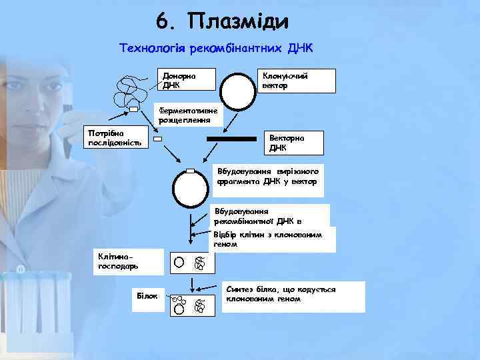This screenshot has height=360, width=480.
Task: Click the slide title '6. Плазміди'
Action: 223,21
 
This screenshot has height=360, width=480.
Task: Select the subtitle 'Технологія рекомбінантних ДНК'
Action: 215,49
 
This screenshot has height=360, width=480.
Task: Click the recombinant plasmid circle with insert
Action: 191,189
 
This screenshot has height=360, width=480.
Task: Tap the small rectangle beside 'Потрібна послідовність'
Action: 158,139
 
